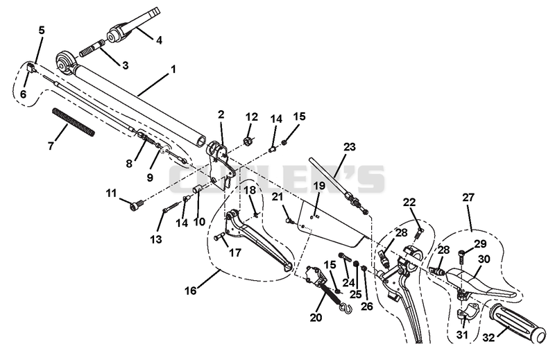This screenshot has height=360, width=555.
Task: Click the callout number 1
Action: pyautogui.click(x=173, y=69)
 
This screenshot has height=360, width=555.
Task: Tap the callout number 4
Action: pyautogui.click(x=159, y=41)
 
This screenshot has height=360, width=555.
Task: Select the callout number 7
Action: pyautogui.click(x=51, y=146)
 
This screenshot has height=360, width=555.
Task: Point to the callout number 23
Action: pyautogui.click(x=350, y=146)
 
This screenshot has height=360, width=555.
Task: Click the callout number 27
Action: pyautogui.click(x=468, y=197)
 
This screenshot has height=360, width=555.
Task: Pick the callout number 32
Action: pyautogui.click(x=488, y=338)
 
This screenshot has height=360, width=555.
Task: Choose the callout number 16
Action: pyautogui.click(x=190, y=291)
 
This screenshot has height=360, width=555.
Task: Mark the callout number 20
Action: pyautogui.click(x=316, y=318)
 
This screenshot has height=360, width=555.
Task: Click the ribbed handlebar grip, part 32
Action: pyautogui.click(x=518, y=323)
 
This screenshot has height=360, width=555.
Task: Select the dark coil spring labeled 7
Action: pyautogui.click(x=74, y=123)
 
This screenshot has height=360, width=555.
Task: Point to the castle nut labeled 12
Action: pyautogui.click(x=249, y=141)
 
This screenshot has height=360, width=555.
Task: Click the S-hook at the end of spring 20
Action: pyautogui.click(x=345, y=309)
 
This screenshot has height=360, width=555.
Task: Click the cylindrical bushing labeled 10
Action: pyautogui.click(x=197, y=189)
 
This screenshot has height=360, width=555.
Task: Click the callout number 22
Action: pyautogui.click(x=409, y=203)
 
